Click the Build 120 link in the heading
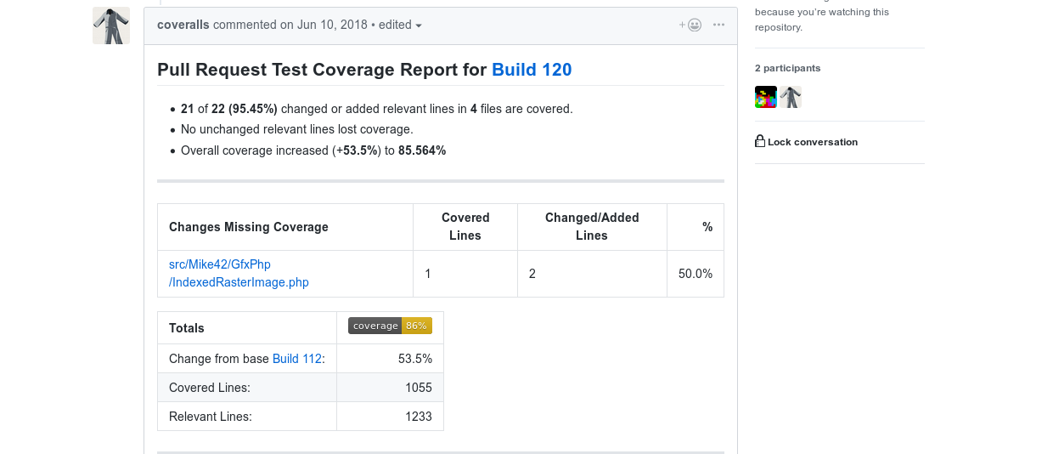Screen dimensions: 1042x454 (x=532, y=70)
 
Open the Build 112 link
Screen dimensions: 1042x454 (x=297, y=359)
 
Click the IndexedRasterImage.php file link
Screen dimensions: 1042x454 (x=239, y=273)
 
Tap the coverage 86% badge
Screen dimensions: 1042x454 (x=390, y=326)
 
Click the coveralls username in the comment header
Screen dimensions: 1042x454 (x=183, y=25)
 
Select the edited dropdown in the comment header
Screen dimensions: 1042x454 (x=400, y=25)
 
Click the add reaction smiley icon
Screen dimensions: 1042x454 (x=690, y=25)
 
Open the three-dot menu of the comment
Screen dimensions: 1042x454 (x=718, y=25)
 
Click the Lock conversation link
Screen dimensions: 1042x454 (x=806, y=141)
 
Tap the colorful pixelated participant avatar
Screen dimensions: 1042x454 (x=766, y=97)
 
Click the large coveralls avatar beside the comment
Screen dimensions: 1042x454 (x=111, y=26)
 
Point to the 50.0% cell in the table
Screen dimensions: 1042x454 (x=695, y=273)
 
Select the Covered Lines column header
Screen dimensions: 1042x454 (x=465, y=226)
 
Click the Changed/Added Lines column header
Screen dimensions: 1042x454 (x=592, y=226)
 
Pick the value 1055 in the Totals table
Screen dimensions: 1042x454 (x=418, y=388)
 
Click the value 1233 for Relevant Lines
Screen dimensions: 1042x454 (x=418, y=417)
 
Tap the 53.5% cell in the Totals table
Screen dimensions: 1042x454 (x=415, y=359)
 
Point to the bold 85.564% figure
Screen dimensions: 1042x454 (x=422, y=150)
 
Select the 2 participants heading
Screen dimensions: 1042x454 (x=787, y=68)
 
